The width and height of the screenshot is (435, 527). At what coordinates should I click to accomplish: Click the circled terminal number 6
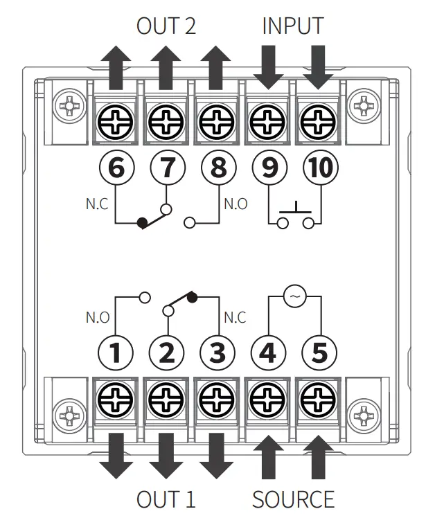pyautogui.click(x=116, y=168)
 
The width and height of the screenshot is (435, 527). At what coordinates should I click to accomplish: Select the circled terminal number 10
pyautogui.click(x=319, y=168)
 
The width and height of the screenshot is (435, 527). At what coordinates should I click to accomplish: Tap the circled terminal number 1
pyautogui.click(x=116, y=352)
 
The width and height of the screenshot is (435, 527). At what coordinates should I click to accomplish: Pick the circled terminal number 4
pyautogui.click(x=268, y=352)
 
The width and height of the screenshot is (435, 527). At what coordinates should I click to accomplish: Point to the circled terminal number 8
pyautogui.click(x=217, y=168)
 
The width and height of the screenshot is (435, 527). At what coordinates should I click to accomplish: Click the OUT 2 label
pyautogui.click(x=166, y=26)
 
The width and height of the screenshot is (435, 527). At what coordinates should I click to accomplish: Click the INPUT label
pyautogui.click(x=292, y=26)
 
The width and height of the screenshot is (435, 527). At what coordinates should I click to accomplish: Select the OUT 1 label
pyautogui.click(x=166, y=499)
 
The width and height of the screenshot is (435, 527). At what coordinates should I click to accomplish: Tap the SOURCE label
pyautogui.click(x=293, y=499)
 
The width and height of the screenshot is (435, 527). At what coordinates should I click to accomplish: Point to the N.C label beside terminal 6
pyautogui.click(x=96, y=204)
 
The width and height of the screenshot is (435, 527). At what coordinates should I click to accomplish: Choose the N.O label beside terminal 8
pyautogui.click(x=236, y=204)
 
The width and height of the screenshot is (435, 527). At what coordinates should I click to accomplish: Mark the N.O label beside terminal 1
pyautogui.click(x=97, y=319)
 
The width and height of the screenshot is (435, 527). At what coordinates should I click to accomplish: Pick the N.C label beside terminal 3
pyautogui.click(x=236, y=319)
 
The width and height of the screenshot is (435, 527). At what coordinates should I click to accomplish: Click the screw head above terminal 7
pyautogui.click(x=166, y=125)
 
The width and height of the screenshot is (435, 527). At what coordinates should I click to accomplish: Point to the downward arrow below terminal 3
pyautogui.click(x=217, y=456)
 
